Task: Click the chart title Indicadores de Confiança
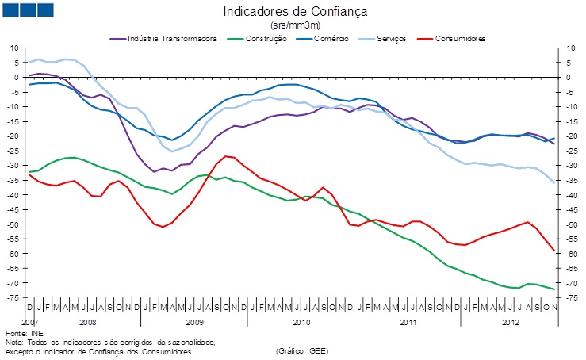click(x=295, y=12)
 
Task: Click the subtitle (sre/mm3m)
click(x=295, y=25)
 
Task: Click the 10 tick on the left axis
click(x=13, y=48)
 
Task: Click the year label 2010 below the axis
click(x=301, y=323)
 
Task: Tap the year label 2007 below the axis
click(x=29, y=323)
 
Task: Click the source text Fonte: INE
click(x=25, y=333)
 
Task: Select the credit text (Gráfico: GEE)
click(x=301, y=350)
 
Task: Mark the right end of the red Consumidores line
click(x=553, y=251)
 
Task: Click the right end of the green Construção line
click(x=553, y=289)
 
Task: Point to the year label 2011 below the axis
click(x=407, y=323)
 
